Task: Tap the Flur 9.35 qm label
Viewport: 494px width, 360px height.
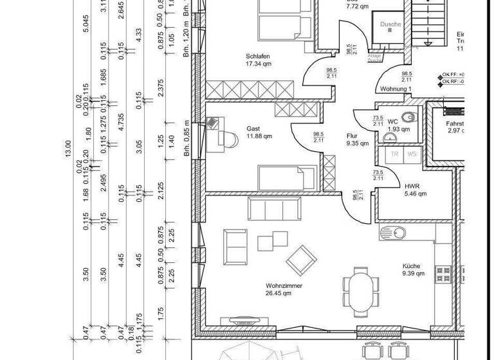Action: pyautogui.click(x=356, y=139)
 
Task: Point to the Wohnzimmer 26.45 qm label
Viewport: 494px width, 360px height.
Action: pyautogui.click(x=284, y=289)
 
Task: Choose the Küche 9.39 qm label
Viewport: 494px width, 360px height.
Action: pyautogui.click(x=414, y=270)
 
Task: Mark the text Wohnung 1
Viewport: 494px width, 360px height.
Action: pyautogui.click(x=396, y=89)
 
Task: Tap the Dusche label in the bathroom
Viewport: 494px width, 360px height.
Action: pyautogui.click(x=390, y=25)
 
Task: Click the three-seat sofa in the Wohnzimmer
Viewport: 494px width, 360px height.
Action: pyautogui.click(x=275, y=208)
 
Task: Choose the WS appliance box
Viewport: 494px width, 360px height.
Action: pyautogui.click(x=412, y=154)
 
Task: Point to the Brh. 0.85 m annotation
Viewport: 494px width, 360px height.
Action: pyautogui.click(x=187, y=142)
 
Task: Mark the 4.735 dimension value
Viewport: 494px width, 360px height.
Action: pyautogui.click(x=120, y=122)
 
